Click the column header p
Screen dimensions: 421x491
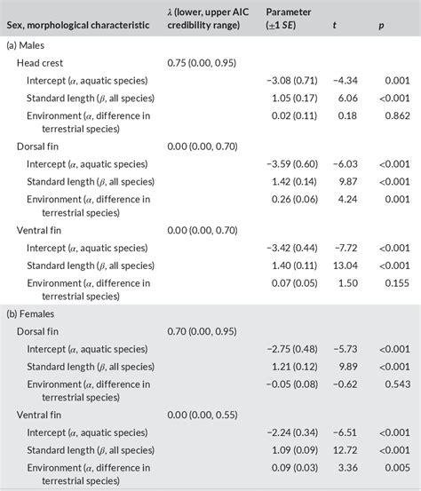381,26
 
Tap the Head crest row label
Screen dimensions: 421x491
41,63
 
